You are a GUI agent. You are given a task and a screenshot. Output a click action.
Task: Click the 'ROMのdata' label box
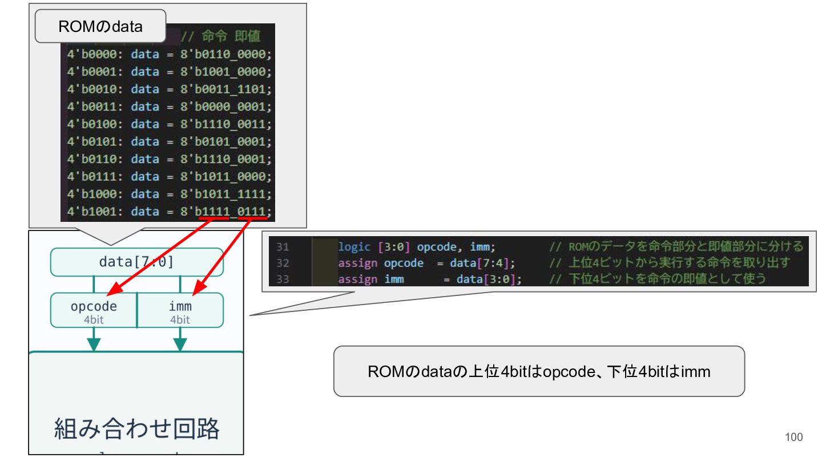[x=100, y=26]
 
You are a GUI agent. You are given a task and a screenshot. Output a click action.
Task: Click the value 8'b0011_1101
[x=225, y=89]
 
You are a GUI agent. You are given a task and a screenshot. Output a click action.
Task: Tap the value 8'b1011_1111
[x=225, y=194]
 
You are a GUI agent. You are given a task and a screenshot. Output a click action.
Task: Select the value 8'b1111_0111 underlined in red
[x=225, y=212]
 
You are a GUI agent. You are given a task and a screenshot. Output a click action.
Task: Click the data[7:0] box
[x=136, y=262]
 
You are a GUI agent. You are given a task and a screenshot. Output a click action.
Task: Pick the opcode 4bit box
[x=94, y=310]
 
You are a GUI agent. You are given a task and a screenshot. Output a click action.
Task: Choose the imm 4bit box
[x=180, y=310]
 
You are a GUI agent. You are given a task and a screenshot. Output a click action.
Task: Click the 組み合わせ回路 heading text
[x=136, y=428]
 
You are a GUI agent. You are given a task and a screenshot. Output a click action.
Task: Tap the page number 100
[x=793, y=437]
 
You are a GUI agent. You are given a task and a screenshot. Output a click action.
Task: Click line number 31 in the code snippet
[x=283, y=247]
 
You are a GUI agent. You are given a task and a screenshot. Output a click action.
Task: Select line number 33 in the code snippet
[x=283, y=279]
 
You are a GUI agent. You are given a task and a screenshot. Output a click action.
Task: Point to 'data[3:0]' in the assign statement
[x=486, y=279]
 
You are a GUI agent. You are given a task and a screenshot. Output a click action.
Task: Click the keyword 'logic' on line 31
[x=354, y=247]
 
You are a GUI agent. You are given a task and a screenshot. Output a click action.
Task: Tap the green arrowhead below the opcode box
[x=94, y=344]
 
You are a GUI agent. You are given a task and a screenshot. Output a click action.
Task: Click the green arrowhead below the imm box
[x=180, y=344]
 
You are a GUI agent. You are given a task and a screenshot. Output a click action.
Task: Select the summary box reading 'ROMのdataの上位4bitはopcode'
[x=539, y=371]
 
